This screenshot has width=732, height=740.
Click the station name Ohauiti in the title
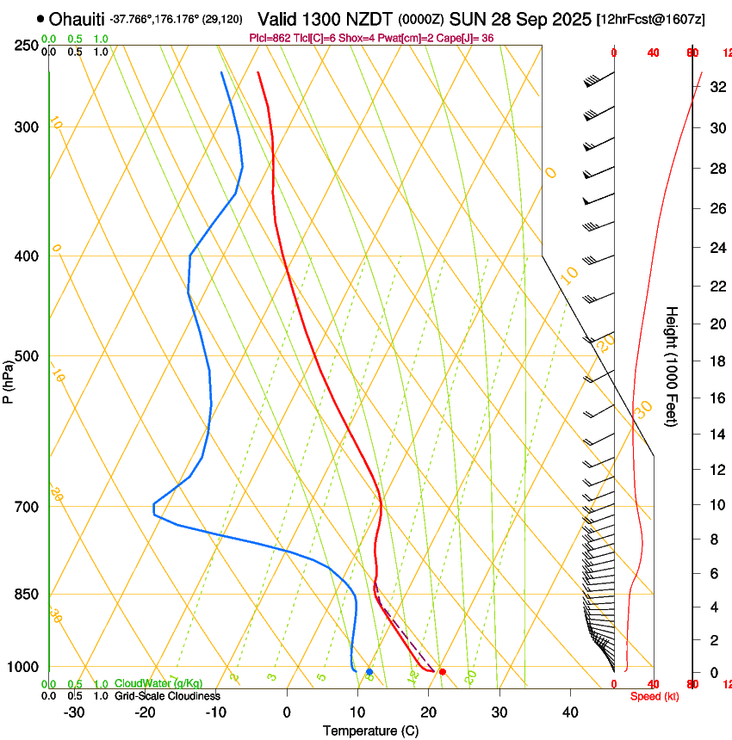78,19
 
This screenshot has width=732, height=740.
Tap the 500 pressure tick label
27,356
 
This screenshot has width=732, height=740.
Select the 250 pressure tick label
27,46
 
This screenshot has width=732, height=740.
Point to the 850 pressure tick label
27,595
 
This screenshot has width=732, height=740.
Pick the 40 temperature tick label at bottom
570,712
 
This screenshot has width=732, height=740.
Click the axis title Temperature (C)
370,731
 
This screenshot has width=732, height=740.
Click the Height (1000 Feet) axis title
672,366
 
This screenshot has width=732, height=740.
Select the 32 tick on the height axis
716,87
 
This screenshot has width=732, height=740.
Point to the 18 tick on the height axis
716,361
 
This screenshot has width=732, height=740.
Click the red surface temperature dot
443,671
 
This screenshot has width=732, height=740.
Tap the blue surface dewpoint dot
369,671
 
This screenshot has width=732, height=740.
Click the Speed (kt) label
654,696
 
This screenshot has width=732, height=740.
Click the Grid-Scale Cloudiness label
166,696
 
